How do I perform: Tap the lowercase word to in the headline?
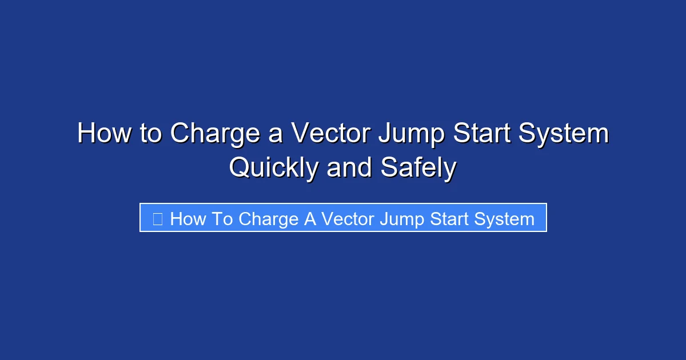click(x=149, y=134)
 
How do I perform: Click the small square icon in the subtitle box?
click(x=158, y=218)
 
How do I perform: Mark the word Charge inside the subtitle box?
click(x=269, y=219)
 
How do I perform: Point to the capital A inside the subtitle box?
click(x=310, y=218)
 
